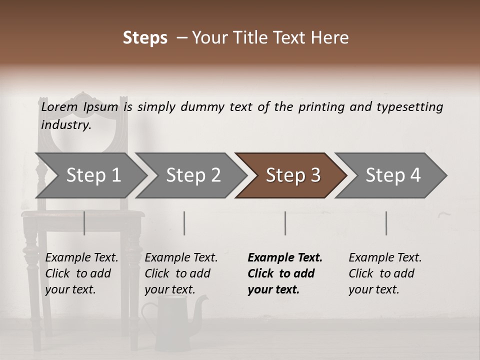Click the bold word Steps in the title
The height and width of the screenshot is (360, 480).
tap(145, 38)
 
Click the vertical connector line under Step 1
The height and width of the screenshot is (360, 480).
tap(84, 223)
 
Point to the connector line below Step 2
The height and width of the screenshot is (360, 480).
tap(184, 223)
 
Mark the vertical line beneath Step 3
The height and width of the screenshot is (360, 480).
tap(285, 223)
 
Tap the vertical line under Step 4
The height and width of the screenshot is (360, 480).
tap(386, 223)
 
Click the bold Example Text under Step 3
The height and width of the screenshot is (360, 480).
tap(285, 273)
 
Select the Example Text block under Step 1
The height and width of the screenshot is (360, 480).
tap(81, 273)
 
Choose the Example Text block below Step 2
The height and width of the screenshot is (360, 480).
tap(181, 273)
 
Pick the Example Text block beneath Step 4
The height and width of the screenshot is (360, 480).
tap(385, 273)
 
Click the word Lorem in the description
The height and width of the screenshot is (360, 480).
tap(59, 107)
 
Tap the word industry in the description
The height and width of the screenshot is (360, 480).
tap(65, 125)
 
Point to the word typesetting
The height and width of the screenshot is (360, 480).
tap(409, 107)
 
